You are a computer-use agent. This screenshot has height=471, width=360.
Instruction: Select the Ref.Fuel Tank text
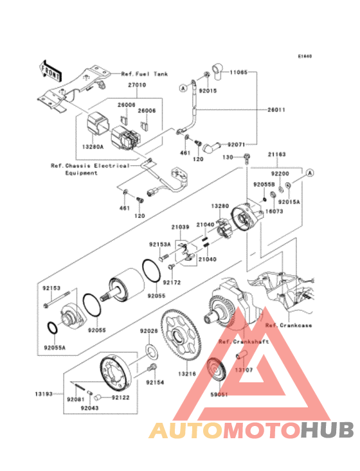pos(145,74)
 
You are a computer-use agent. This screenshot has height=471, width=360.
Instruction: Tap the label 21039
pos(180,227)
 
